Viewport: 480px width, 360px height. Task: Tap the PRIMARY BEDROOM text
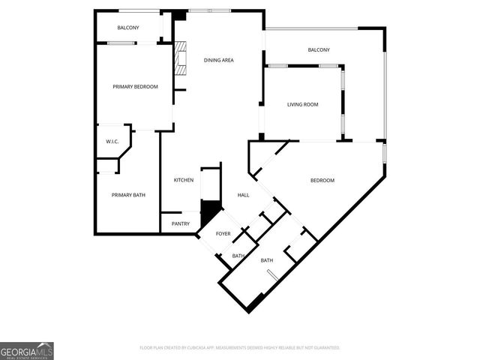tap(135, 87)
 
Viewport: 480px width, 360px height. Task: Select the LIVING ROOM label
tap(303, 104)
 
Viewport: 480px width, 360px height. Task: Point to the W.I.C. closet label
tap(112, 142)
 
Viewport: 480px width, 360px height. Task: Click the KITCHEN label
tap(184, 180)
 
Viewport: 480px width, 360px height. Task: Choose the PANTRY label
tap(180, 223)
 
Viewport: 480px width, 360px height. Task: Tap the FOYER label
tap(223, 234)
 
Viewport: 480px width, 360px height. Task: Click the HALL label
tap(244, 195)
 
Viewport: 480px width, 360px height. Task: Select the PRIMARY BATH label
tap(128, 195)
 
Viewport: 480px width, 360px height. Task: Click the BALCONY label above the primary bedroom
tap(127, 28)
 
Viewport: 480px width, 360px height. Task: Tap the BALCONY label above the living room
tap(319, 50)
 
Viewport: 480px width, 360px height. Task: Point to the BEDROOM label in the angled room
tap(322, 180)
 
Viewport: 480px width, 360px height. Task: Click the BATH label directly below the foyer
tap(238, 256)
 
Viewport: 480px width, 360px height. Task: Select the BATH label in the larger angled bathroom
tap(267, 261)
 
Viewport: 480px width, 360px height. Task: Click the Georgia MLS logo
tap(27, 350)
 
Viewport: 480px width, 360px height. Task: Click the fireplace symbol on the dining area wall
tap(180, 59)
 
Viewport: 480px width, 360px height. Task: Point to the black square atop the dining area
tap(179, 15)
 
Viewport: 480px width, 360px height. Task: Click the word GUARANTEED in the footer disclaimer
tap(323, 348)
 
